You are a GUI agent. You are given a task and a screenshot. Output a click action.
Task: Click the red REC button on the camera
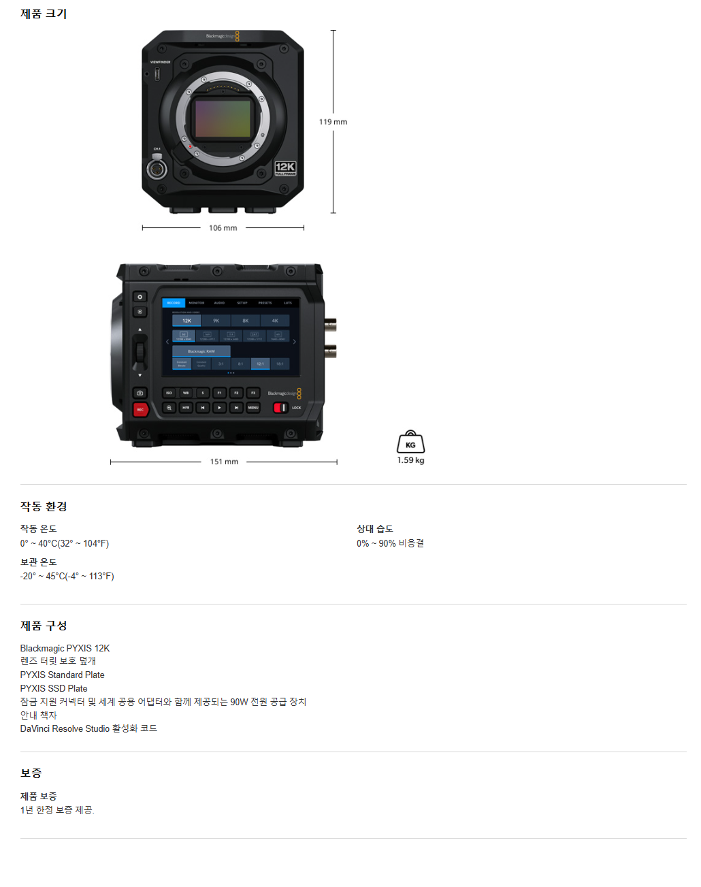pos(140,409)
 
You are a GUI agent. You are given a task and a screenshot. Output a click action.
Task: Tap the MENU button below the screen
pos(253,408)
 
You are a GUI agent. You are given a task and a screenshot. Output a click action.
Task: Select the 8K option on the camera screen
pos(246,321)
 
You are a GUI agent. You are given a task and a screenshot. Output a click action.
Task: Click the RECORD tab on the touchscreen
pos(174,303)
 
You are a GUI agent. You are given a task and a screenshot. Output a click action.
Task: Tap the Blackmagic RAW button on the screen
pos(201,351)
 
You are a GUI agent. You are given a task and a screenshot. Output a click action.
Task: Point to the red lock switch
pos(280,408)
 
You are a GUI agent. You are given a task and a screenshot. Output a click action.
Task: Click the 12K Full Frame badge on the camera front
pos(285,168)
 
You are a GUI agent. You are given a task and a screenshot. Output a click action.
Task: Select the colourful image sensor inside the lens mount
pos(223,118)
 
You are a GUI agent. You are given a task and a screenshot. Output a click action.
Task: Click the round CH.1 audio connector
pos(157,169)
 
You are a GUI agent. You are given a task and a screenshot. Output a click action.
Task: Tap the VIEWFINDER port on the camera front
pos(157,73)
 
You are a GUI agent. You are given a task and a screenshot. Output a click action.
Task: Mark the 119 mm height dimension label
pos(333,122)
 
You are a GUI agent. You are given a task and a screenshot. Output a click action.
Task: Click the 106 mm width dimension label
pos(223,228)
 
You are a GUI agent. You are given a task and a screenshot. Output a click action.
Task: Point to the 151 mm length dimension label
pos(224,462)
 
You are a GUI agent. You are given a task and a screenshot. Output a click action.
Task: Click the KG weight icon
pos(410,442)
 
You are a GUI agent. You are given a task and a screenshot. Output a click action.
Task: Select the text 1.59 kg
pos(410,460)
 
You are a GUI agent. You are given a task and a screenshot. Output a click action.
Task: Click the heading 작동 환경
pos(44,506)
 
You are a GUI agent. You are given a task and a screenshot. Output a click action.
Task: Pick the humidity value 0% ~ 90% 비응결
pos(390,543)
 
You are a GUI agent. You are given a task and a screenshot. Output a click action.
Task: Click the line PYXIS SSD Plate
pos(54,688)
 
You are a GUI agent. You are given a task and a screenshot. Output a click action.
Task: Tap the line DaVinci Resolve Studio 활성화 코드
pos(88,728)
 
